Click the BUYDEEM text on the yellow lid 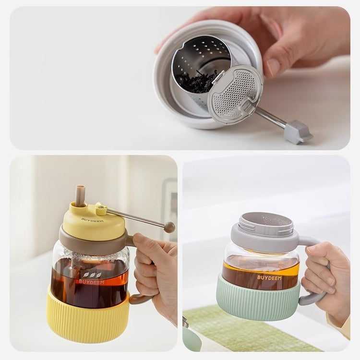92,220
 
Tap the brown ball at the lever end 169,227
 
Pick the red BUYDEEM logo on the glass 91,281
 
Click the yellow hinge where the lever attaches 101,209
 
